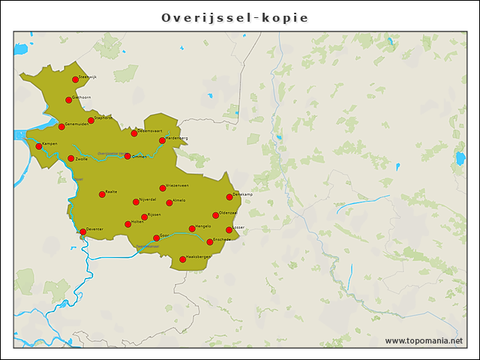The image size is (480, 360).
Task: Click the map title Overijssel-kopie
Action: [x=235, y=17]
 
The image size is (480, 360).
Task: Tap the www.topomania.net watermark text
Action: [x=424, y=341]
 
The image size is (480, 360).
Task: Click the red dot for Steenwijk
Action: [x=75, y=79]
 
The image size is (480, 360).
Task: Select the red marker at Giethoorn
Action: [x=68, y=100]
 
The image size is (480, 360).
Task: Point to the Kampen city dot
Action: [x=39, y=146]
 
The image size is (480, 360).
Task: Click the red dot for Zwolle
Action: [x=71, y=158]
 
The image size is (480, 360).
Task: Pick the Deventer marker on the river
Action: [x=82, y=232]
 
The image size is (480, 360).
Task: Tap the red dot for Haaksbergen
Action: [x=182, y=259]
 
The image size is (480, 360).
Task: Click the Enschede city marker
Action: [x=210, y=241]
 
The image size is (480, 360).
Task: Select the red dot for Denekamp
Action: [x=229, y=197]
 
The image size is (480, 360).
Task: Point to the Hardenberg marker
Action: [x=162, y=140]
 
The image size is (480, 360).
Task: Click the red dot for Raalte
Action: [x=102, y=194]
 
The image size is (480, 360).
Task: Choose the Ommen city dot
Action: [x=127, y=156]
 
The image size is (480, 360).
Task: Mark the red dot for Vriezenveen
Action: [x=163, y=187]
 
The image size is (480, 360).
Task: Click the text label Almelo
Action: [x=179, y=200]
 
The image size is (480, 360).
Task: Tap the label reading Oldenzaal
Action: [x=228, y=213]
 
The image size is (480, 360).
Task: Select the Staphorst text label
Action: [x=103, y=117]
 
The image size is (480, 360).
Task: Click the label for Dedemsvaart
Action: [x=150, y=130]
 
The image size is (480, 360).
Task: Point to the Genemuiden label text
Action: [x=78, y=124]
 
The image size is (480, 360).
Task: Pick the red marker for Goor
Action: [x=156, y=238]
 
